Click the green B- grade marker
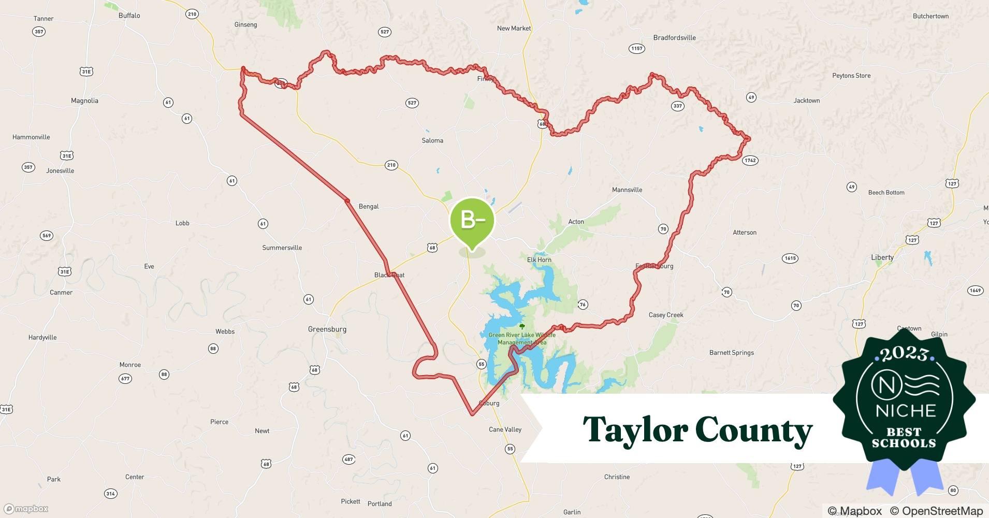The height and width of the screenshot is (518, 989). [472, 221]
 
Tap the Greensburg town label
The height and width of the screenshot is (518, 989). [327, 329]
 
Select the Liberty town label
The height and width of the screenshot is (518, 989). [882, 257]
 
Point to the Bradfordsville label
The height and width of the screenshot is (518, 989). [674, 38]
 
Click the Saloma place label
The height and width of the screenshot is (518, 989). [432, 140]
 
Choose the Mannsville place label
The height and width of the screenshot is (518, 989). [627, 190]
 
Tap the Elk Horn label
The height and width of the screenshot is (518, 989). [539, 260]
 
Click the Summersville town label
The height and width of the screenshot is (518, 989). [282, 248]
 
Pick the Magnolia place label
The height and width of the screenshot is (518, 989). [84, 101]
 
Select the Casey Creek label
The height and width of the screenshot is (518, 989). [666, 315]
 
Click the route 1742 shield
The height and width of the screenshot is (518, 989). [750, 161]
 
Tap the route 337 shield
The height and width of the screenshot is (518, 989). [677, 106]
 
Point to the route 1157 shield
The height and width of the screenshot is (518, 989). [636, 49]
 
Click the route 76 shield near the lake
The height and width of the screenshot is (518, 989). [583, 305]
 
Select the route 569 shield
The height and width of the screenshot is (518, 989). [47, 236]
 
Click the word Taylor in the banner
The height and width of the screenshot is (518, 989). [634, 430]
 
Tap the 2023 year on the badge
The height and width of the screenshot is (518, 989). [904, 354]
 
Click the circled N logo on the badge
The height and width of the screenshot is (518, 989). [883, 385]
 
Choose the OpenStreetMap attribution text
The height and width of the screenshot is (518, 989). [936, 511]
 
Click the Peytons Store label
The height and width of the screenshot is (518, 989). [851, 76]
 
